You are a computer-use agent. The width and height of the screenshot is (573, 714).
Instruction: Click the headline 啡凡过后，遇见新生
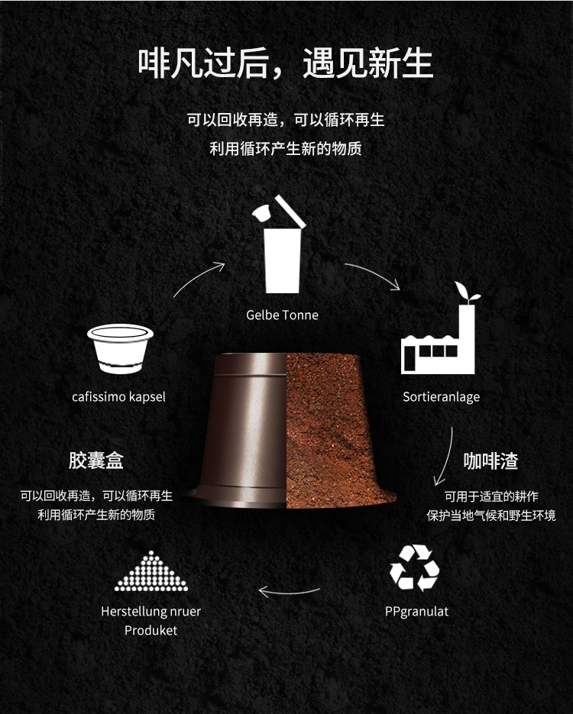285,63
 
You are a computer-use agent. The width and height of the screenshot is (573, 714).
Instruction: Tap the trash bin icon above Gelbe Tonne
279,245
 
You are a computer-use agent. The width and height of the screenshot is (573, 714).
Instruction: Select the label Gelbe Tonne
282,315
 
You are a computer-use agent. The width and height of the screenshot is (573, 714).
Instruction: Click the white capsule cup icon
120,349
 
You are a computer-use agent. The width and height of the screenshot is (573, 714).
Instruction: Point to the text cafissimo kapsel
119,396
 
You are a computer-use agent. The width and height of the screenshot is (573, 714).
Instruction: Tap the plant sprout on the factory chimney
466,292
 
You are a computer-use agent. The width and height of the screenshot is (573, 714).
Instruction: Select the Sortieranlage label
441,397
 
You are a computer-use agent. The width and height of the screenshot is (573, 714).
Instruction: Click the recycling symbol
415,568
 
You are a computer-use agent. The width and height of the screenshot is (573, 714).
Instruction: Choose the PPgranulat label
417,612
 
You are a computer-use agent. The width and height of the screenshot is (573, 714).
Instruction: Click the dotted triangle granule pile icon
151,571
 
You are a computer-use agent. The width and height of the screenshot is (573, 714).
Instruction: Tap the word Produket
151,631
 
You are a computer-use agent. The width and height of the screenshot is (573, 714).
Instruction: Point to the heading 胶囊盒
96,460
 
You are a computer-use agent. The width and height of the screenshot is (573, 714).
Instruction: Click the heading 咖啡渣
491,460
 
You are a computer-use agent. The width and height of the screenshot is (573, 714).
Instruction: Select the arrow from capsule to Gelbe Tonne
197,276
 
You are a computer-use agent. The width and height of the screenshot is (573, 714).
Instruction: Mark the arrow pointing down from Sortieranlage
447,457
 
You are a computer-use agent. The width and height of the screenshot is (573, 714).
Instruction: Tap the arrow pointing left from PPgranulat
290,592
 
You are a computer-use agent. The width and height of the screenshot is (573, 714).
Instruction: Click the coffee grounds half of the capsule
337,431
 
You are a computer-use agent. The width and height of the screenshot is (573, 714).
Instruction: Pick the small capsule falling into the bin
261,213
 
